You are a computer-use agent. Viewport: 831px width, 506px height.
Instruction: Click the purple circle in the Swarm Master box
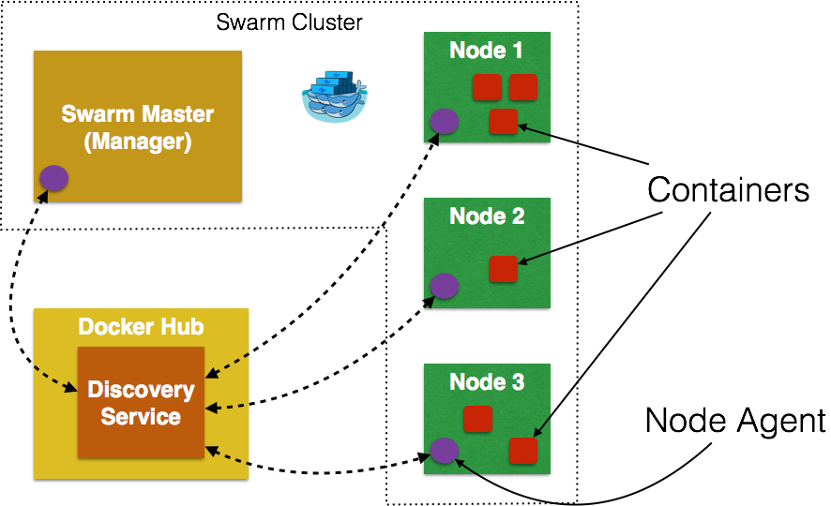[53, 178]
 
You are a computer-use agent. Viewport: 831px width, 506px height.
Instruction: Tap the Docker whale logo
[335, 97]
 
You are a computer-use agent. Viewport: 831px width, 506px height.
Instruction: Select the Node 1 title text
[486, 51]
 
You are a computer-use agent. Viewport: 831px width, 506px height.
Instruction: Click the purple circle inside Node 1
[444, 121]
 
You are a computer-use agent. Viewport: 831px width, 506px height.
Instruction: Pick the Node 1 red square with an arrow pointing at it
[504, 122]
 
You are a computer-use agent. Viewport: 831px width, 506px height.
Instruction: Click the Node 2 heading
[486, 216]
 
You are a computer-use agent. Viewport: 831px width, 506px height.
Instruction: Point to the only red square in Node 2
[504, 269]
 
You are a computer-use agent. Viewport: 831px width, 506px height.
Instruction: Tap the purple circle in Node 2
[444, 286]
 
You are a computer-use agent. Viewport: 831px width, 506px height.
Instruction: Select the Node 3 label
[486, 382]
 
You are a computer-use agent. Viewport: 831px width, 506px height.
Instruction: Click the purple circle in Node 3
[444, 451]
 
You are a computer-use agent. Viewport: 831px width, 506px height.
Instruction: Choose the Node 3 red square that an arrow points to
[523, 451]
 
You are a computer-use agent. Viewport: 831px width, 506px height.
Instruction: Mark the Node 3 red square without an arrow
[477, 419]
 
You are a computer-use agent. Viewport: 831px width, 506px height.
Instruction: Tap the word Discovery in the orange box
[141, 390]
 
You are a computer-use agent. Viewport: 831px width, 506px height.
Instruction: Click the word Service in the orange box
[141, 417]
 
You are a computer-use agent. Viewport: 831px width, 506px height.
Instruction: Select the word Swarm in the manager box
[95, 114]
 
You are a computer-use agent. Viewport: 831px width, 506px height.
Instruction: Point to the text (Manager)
[137, 142]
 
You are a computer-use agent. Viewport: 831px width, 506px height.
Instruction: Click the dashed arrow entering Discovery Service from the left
[56, 379]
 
